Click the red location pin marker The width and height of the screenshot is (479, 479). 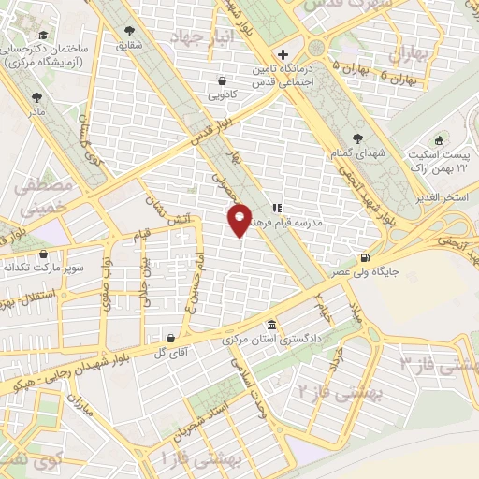239,219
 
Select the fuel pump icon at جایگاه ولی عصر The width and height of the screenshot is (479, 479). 364,258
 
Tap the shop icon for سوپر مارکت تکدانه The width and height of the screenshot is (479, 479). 42,254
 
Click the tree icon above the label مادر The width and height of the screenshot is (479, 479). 36,96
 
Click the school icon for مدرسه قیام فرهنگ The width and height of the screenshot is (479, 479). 277,208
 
